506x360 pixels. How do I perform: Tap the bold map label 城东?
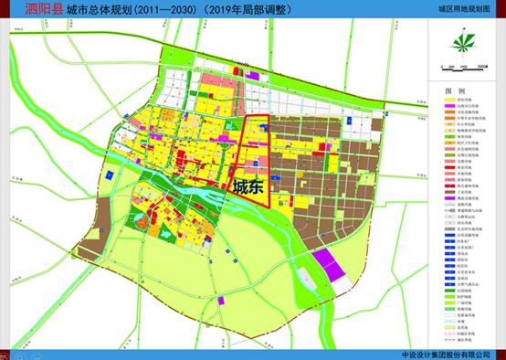click(x=250, y=187)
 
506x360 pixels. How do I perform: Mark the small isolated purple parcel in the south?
click(x=221, y=300)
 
